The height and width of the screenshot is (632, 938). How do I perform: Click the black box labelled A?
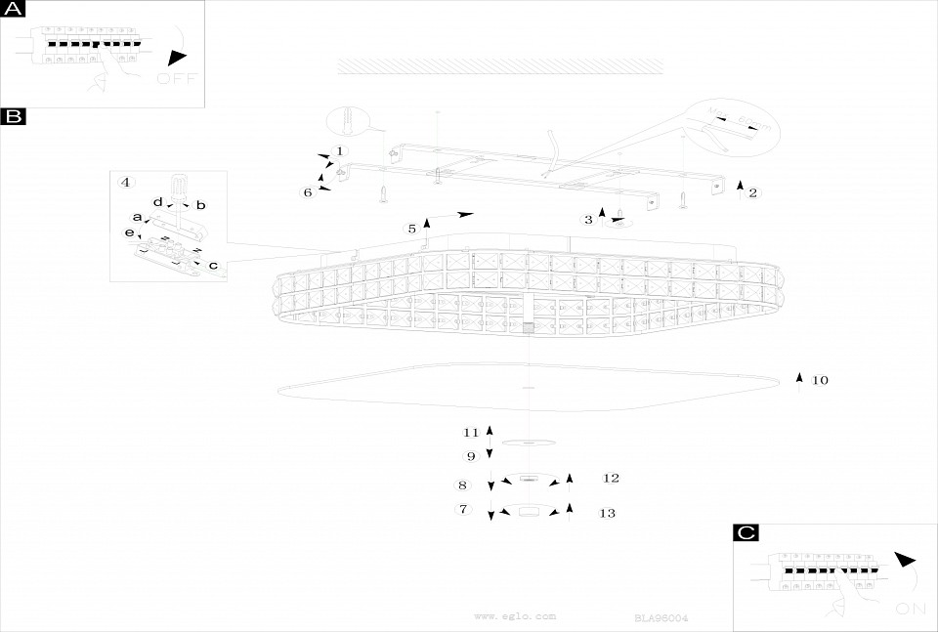14,10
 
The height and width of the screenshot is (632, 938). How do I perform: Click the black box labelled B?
14,117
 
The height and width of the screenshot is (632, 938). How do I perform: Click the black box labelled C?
746,532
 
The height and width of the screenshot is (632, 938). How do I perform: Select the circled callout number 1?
339,151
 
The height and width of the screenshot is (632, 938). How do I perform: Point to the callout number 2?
752,192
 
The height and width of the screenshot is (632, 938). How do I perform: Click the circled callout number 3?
588,220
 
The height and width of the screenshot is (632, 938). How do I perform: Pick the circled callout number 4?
125,183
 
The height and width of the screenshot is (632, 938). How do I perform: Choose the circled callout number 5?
412,229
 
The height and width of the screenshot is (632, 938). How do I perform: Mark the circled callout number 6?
308,192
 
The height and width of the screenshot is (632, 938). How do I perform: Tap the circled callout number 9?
470,455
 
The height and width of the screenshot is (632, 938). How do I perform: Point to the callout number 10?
820,380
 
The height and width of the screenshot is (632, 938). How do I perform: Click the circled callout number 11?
471,432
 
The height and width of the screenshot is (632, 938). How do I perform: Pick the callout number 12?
612,479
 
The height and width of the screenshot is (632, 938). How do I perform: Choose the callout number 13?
607,514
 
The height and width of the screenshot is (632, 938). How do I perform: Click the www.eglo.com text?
515,616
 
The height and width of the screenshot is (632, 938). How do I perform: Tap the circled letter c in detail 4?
213,265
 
